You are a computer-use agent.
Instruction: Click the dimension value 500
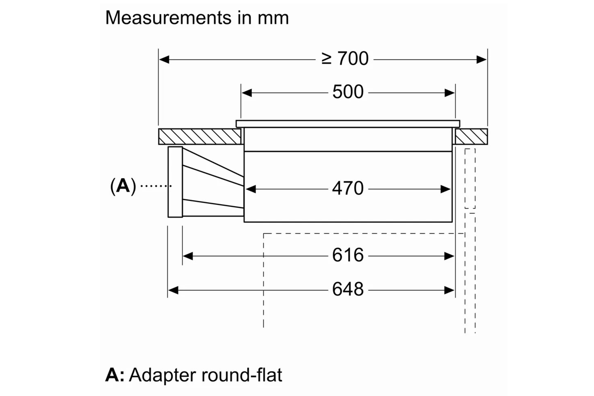348,92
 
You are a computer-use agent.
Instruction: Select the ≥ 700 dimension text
345,59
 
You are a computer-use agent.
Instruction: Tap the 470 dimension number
348,188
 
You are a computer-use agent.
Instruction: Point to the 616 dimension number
348,255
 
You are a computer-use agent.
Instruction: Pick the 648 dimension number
348,289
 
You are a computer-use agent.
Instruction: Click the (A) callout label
123,185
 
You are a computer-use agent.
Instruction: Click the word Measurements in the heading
168,18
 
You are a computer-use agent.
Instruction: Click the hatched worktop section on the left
199,137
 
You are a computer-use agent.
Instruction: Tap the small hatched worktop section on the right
471,137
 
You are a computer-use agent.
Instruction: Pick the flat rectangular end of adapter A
175,182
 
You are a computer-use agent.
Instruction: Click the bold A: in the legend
114,375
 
